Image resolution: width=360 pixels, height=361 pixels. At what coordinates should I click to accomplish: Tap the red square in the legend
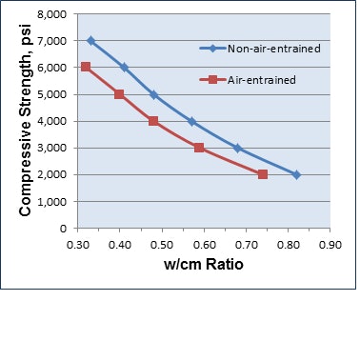tap(215, 79)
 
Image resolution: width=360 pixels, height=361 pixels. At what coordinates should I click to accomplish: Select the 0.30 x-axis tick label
tap(77, 245)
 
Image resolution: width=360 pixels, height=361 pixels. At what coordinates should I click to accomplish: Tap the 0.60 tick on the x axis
tap(204, 245)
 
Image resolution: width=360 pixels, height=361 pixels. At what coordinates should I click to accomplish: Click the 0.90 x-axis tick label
tap(330, 245)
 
